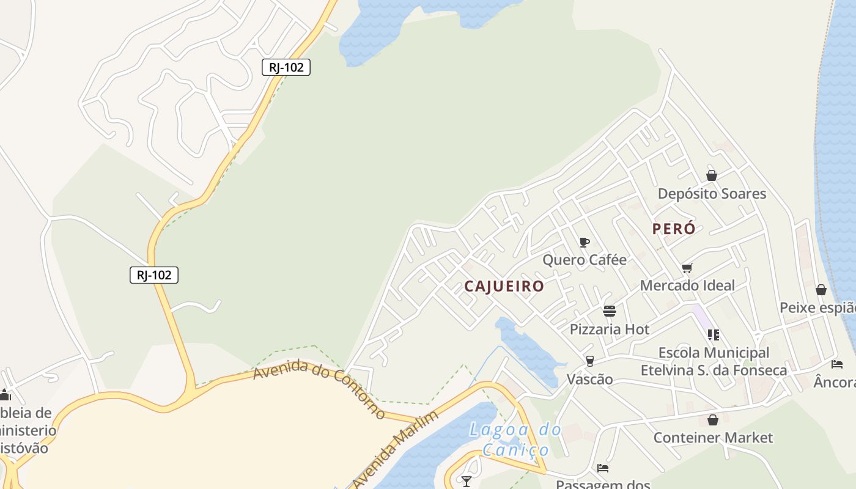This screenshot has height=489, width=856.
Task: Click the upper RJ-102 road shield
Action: (286, 67)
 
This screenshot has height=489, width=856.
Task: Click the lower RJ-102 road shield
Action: (154, 275)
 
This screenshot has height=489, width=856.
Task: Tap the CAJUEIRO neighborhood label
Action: (504, 286)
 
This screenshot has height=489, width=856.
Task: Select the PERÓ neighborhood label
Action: (674, 229)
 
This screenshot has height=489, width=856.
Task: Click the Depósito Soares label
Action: (712, 194)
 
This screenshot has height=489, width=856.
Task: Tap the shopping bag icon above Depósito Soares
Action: (712, 175)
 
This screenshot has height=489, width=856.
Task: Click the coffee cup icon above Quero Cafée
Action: (584, 242)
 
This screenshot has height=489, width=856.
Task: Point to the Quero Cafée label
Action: (585, 260)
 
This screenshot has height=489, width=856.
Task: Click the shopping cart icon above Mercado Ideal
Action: (687, 268)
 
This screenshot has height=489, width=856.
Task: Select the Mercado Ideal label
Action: (687, 285)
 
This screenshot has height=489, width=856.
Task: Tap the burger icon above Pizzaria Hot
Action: (609, 311)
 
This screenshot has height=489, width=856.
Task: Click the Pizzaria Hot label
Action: (609, 329)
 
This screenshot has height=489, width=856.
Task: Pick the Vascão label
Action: (589, 379)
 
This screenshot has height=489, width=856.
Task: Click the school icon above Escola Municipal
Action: (713, 335)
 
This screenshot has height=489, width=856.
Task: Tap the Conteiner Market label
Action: (713, 438)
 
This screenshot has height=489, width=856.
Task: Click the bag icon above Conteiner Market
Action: (712, 420)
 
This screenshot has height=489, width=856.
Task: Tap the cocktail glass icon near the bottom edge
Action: (467, 482)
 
